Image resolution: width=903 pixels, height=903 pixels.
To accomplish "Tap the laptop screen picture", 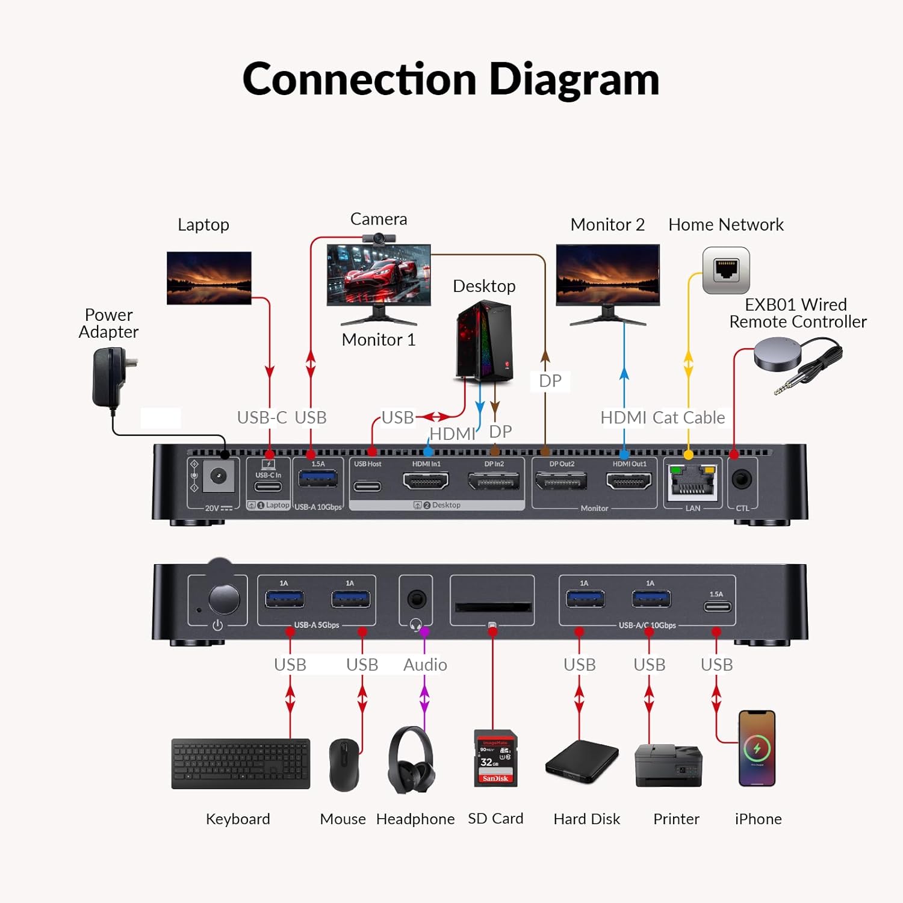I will click(209, 278).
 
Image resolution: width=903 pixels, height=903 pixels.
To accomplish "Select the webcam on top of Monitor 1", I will click(379, 238).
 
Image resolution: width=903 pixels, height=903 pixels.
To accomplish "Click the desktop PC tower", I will click(485, 341).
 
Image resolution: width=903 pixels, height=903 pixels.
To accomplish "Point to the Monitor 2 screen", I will click(607, 275).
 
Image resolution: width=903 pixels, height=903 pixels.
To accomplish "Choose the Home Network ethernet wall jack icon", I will click(726, 270).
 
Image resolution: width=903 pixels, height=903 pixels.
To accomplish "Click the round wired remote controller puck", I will click(778, 353).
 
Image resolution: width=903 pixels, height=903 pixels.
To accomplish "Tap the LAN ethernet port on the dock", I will click(692, 482).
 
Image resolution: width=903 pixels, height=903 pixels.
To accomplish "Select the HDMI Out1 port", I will click(628, 481).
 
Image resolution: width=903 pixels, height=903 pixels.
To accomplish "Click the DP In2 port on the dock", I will click(494, 482).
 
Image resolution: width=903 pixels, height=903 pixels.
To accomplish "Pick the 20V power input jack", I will click(218, 477).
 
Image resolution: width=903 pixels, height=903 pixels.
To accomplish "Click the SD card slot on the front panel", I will click(492, 606).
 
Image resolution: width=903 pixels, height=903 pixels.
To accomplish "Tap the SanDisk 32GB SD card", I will click(495, 759).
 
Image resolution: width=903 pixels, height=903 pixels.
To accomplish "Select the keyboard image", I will click(241, 763).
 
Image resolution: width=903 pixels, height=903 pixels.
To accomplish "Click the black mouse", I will click(344, 765).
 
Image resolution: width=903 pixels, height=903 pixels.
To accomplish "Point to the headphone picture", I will click(411, 760).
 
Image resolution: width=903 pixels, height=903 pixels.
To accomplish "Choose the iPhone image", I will click(757, 748).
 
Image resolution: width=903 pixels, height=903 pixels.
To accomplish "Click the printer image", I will click(668, 765).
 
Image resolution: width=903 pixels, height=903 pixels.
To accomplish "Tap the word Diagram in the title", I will click(574, 80).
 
